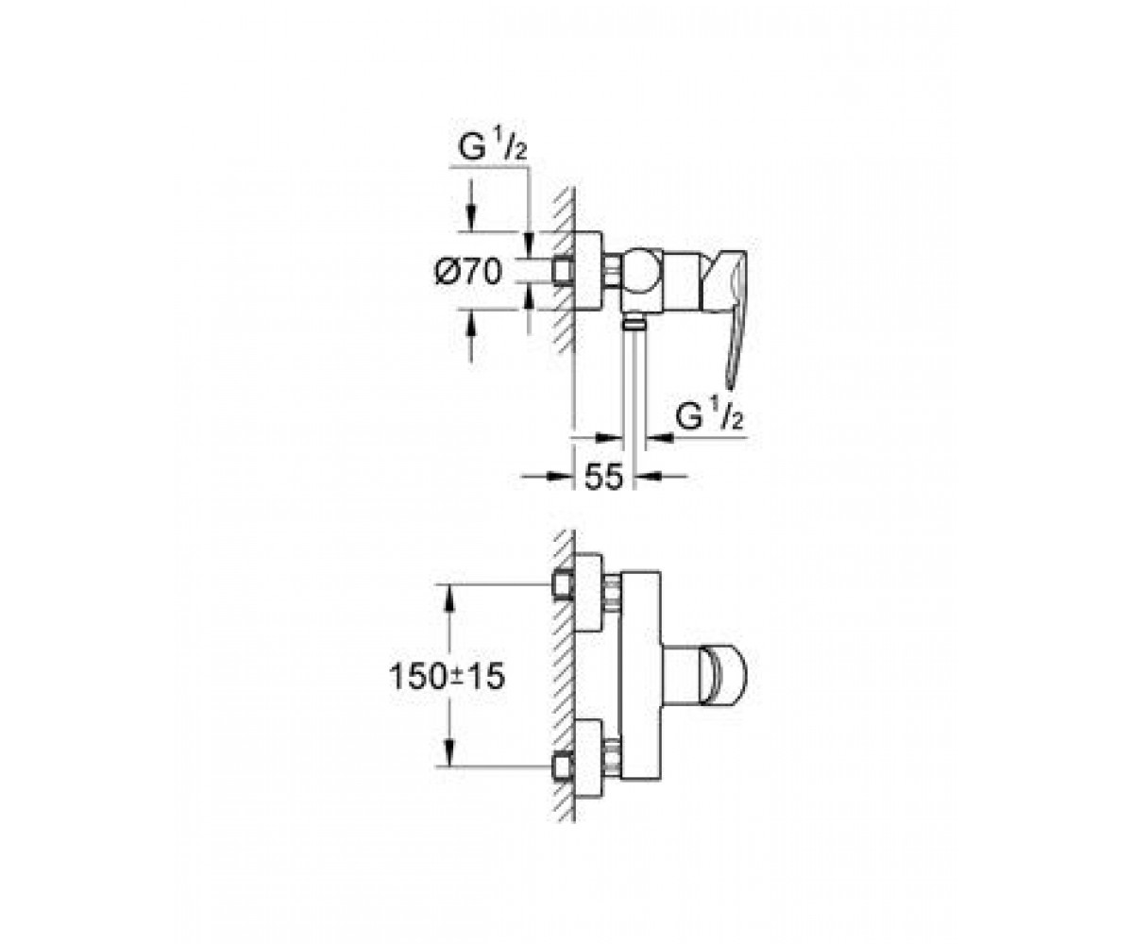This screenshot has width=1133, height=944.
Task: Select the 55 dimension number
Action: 603,478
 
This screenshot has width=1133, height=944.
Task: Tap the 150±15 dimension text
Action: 448,677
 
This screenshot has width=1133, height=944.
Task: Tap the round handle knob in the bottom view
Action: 724,677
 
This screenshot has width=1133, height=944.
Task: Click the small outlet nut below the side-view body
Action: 634,324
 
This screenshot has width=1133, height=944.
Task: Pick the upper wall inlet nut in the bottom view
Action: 563,586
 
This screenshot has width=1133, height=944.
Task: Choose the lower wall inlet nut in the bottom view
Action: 563,767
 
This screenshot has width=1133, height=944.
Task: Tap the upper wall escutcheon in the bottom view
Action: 588,593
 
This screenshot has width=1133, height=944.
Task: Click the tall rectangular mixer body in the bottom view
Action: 641,676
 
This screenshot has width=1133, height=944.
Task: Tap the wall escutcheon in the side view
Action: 588,272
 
